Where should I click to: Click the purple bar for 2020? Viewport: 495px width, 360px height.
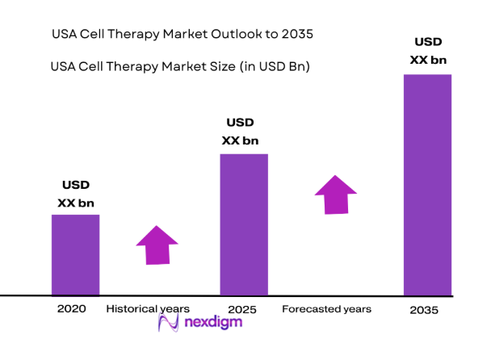(75, 254)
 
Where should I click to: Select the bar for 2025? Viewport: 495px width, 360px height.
(244, 224)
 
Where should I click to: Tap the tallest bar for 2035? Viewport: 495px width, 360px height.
(427, 185)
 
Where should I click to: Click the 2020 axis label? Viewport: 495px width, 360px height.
(71, 308)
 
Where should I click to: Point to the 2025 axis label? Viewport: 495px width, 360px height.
(242, 309)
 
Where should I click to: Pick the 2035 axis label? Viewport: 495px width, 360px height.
(424, 309)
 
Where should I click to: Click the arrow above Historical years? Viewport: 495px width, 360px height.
(157, 245)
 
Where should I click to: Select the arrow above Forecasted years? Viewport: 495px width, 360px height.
(335, 194)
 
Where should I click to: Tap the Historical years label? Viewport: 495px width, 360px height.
(148, 308)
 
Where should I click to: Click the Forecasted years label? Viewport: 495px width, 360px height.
(326, 308)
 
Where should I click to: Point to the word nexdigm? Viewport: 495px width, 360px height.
(212, 323)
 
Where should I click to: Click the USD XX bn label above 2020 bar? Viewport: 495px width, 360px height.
(76, 194)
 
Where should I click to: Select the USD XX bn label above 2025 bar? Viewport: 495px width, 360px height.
(240, 132)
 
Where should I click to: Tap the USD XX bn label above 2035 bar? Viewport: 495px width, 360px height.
(428, 49)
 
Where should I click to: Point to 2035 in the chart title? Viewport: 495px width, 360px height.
(293, 35)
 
